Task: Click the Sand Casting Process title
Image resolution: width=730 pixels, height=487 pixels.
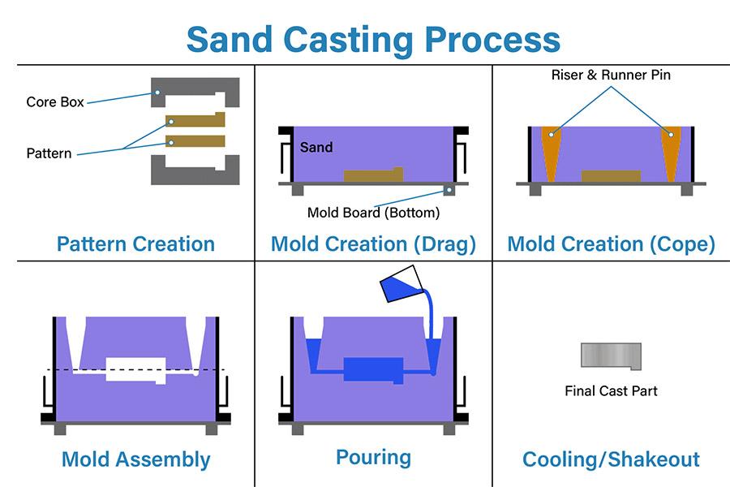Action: point(373,39)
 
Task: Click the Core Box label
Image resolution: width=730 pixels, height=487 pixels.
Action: point(55,102)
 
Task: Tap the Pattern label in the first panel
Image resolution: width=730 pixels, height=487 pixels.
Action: point(49,153)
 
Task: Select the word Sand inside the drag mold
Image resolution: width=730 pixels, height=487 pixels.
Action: point(316,147)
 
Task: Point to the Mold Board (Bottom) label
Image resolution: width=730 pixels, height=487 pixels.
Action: point(373,213)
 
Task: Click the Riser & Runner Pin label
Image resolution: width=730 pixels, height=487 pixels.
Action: point(611,75)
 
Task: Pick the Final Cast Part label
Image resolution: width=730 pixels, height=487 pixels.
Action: point(611,391)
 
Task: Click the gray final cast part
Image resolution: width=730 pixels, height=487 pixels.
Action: point(610,356)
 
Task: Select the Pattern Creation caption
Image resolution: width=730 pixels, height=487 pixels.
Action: point(135,243)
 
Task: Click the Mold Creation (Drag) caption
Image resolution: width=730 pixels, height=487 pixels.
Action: point(373,243)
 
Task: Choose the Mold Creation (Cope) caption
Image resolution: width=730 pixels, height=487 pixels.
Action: point(611,243)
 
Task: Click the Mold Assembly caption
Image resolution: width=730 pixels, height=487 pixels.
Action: point(135,459)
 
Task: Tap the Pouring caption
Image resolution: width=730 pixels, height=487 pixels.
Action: point(373,457)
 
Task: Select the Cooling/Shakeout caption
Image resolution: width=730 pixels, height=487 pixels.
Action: point(611,459)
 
